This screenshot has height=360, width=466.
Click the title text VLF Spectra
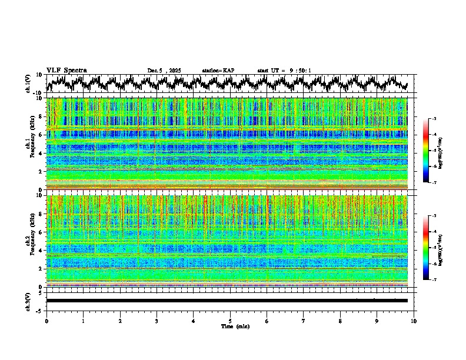66,70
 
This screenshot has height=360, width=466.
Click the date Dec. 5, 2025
164,71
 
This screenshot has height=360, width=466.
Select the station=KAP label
218,71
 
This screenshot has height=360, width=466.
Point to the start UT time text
284,71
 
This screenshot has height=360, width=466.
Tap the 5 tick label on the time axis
230,321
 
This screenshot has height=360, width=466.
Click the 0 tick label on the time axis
46,321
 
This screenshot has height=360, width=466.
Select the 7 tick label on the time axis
304,321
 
